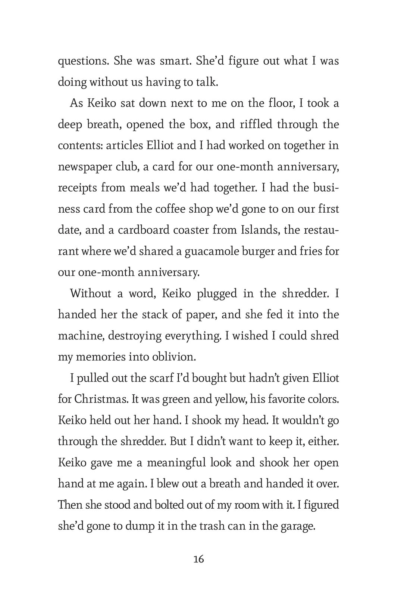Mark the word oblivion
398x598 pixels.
(x=174, y=357)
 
